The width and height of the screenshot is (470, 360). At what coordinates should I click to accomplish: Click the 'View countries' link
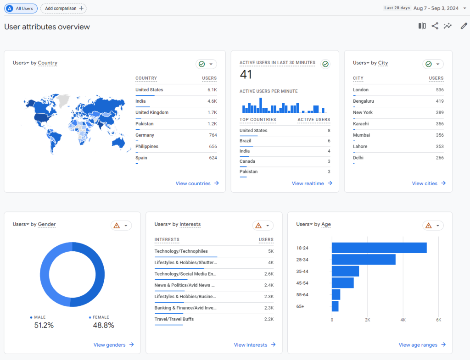197,183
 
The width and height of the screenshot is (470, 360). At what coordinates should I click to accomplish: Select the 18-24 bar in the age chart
379,248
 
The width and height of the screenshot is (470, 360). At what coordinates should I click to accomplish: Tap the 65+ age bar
335,306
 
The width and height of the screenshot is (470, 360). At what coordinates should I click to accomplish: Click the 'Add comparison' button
63,8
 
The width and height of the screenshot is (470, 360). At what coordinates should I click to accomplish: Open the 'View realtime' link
312,183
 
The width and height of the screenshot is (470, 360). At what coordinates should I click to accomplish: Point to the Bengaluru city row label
364,101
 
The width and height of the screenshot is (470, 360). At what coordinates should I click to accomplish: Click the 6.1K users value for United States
212,90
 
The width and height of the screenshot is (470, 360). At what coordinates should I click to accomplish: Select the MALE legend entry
39,317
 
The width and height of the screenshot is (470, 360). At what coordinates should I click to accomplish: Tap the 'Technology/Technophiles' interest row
181,251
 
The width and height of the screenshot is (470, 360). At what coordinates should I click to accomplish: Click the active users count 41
246,74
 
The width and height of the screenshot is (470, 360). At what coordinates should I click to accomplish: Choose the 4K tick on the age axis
403,320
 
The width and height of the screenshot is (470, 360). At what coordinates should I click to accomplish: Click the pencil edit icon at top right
464,26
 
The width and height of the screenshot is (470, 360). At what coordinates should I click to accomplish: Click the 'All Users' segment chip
21,8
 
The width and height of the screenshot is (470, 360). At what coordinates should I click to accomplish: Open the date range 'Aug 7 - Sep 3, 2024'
436,8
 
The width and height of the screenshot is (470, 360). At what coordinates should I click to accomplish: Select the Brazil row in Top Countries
246,141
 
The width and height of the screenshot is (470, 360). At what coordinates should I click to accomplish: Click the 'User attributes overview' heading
47,27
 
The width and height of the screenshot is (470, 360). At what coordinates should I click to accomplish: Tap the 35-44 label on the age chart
302,271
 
